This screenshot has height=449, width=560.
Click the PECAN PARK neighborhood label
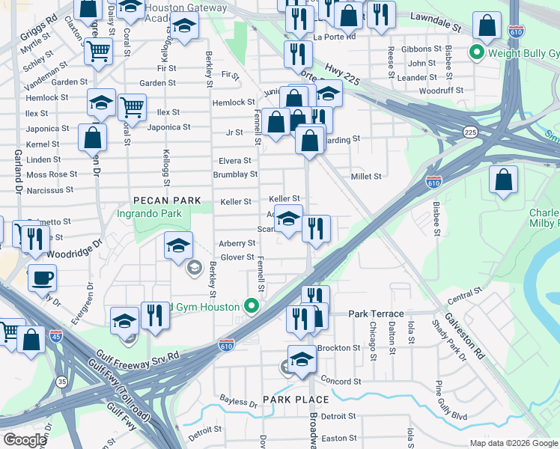click(x=167, y=201)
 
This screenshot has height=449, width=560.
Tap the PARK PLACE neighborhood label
click(x=296, y=400)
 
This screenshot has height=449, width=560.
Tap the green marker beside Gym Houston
click(x=252, y=307)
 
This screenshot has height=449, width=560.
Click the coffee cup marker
click(x=42, y=278)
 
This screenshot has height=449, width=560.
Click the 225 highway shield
click(x=470, y=132)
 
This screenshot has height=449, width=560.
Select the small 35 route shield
click(x=62, y=382)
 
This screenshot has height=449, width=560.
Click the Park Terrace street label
click(x=376, y=314)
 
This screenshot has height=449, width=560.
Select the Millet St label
click(x=367, y=177)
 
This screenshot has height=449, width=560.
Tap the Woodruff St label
click(x=439, y=91)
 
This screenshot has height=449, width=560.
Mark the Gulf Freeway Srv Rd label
click(x=137, y=356)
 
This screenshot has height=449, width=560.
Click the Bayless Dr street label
click(x=238, y=402)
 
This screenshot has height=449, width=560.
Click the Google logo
click(x=25, y=440)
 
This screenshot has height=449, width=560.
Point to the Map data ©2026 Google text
click(x=513, y=443)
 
